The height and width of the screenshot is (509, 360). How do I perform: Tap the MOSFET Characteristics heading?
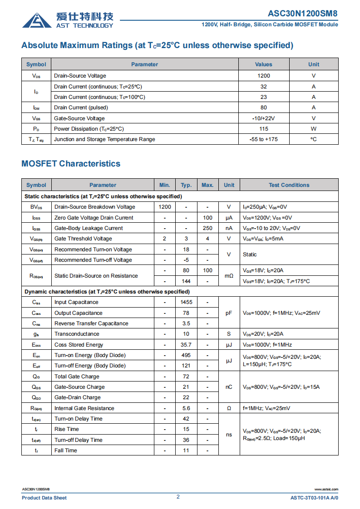(71, 164)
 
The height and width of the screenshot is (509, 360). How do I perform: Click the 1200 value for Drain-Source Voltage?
(263, 76)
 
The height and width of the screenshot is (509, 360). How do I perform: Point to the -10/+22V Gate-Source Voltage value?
(263, 118)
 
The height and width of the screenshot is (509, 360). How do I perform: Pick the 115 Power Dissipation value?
(263, 129)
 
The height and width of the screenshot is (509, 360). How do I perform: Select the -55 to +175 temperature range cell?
(263, 139)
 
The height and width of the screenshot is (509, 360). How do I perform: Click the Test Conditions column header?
(289, 185)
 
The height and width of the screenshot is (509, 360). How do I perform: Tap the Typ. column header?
(186, 185)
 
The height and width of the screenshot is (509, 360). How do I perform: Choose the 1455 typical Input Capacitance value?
(186, 302)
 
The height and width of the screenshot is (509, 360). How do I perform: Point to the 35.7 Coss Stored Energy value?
(186, 345)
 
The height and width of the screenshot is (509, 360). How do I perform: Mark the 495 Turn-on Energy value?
(186, 355)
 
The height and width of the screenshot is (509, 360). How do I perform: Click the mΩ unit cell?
(229, 276)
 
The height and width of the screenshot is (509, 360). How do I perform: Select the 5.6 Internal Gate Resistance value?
(186, 408)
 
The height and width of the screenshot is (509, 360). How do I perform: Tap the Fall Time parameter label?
(66, 450)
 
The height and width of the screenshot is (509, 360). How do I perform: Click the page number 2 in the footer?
(178, 497)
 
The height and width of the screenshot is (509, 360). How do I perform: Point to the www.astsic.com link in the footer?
(326, 489)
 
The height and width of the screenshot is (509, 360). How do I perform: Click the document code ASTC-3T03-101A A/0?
(314, 498)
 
